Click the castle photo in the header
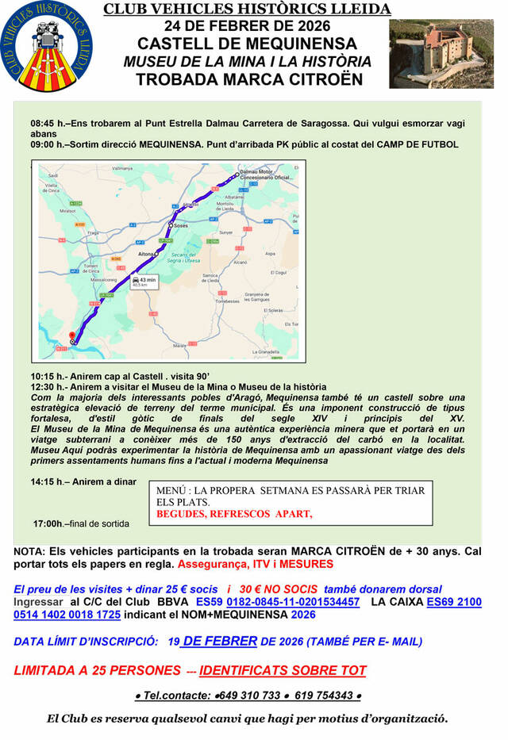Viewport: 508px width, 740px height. pyautogui.click(x=442, y=54)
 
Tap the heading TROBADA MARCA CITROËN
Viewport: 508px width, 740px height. pyautogui.click(x=248, y=79)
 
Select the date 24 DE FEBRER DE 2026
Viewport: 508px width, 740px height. pyautogui.click(x=248, y=25)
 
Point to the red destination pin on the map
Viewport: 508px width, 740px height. pyautogui.click(x=71, y=335)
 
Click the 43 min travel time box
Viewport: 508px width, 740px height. pyautogui.click(x=145, y=283)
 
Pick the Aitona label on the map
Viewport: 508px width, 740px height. pyautogui.click(x=146, y=253)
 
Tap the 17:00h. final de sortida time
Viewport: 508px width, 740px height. pyautogui.click(x=50, y=523)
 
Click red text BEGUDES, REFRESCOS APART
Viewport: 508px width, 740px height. pyautogui.click(x=234, y=513)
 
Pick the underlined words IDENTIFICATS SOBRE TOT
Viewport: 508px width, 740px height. pyautogui.click(x=283, y=670)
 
